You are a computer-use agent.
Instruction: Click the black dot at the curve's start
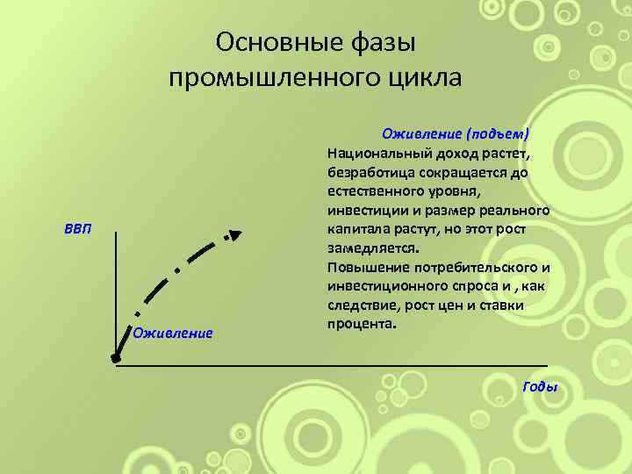point(116,358)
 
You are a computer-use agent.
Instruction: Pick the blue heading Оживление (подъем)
point(456,133)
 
